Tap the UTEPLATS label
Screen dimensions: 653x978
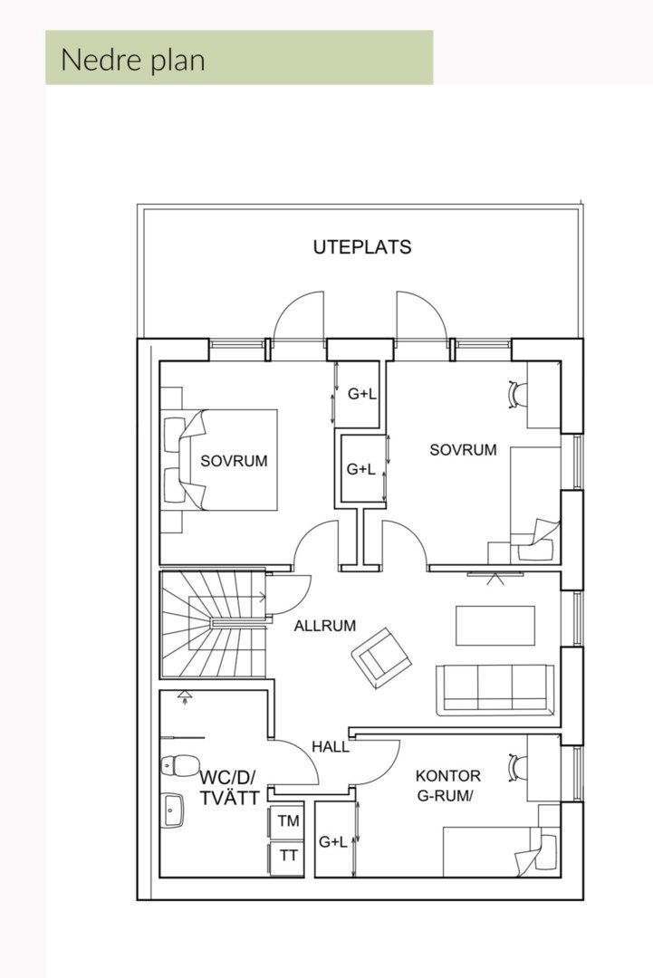[x=362, y=247]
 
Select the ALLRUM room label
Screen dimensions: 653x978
[x=325, y=626]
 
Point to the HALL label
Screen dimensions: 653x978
[x=331, y=746]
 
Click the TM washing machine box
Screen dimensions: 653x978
[x=286, y=821]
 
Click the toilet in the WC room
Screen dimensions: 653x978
[x=179, y=764]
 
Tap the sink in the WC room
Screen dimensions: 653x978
[x=172, y=810]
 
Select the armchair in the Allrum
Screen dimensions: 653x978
[x=380, y=658]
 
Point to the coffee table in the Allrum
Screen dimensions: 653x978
[x=495, y=626]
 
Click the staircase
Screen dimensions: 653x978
[x=214, y=624]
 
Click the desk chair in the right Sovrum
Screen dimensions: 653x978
[x=518, y=394]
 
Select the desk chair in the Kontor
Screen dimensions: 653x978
[x=518, y=768]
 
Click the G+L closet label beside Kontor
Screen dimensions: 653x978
[x=333, y=842]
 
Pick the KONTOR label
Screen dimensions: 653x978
[x=447, y=776]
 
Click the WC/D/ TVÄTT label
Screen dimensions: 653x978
[x=228, y=787]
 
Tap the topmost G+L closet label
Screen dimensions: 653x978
[x=361, y=394]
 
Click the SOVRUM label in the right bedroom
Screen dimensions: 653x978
[x=463, y=450]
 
